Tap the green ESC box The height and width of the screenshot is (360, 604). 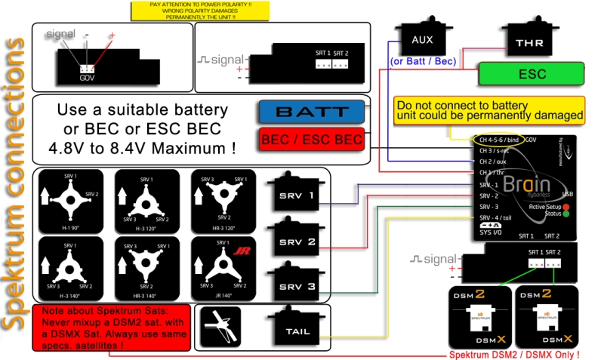(x=532, y=74)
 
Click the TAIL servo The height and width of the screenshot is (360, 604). (x=299, y=329)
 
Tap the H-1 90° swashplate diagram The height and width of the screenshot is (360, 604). (x=71, y=199)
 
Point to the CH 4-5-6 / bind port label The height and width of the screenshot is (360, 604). (x=499, y=140)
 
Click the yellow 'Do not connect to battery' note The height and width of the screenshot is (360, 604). (x=490, y=110)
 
